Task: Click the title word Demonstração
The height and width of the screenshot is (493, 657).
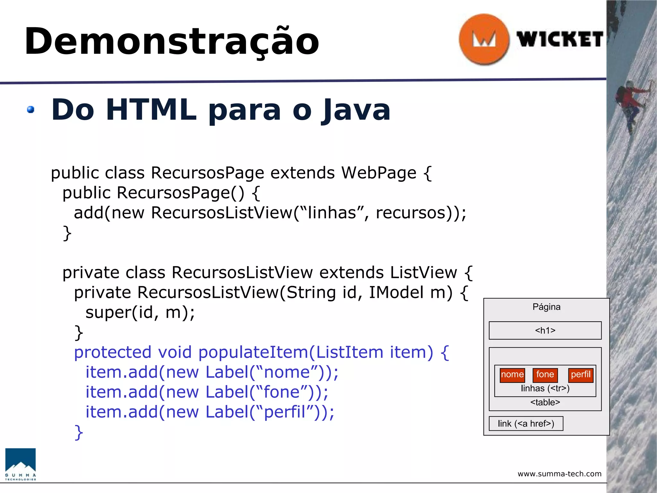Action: pyautogui.click(x=172, y=42)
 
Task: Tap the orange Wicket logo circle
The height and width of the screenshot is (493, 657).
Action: pyautogui.click(x=484, y=39)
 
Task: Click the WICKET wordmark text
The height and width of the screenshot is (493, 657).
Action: pyautogui.click(x=560, y=40)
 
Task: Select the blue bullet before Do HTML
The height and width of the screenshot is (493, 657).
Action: pyautogui.click(x=31, y=110)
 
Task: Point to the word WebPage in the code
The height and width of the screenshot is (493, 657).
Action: pyautogui.click(x=379, y=173)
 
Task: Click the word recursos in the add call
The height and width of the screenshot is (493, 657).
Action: pyautogui.click(x=411, y=213)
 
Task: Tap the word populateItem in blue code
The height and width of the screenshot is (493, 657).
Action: pyautogui.click(x=253, y=352)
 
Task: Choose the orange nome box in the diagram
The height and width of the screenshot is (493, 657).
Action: pyautogui.click(x=512, y=375)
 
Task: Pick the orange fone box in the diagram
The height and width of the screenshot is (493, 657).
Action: pyautogui.click(x=545, y=375)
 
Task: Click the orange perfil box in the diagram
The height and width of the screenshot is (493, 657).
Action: pyautogui.click(x=581, y=375)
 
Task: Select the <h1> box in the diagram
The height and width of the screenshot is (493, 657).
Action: pyautogui.click(x=545, y=330)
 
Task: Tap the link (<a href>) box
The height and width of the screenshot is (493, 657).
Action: pyautogui.click(x=526, y=424)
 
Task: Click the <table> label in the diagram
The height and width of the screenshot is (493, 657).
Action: pyautogui.click(x=545, y=402)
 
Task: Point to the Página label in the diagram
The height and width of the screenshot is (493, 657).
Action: pyautogui.click(x=546, y=307)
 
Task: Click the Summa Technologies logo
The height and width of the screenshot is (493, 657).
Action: pyautogui.click(x=21, y=464)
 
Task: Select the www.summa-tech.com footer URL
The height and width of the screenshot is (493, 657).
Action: pyautogui.click(x=559, y=474)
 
